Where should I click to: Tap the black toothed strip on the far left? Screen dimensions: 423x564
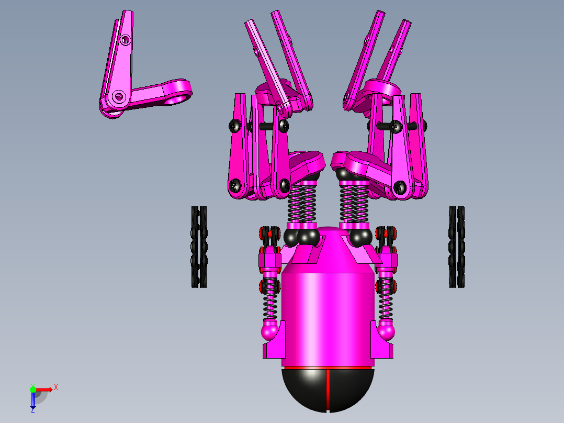click(x=198, y=247)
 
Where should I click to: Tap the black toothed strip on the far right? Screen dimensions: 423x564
click(x=456, y=247)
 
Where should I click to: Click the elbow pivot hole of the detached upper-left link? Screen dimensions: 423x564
click(x=118, y=97)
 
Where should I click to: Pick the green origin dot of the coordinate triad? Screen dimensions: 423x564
click(x=33, y=389)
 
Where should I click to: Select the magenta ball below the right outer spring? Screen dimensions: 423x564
click(x=386, y=331)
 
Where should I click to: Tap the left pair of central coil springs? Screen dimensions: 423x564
click(x=302, y=204)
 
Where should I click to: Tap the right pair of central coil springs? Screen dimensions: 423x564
click(x=354, y=204)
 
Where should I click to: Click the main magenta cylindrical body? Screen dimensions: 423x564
click(x=328, y=314)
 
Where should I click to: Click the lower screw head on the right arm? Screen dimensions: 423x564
click(x=400, y=186)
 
